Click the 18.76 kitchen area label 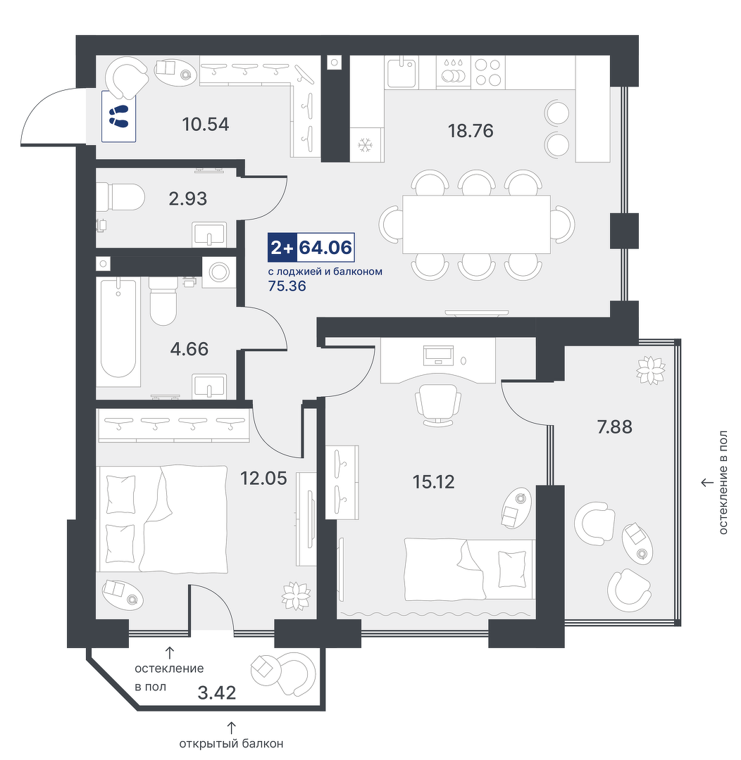471,131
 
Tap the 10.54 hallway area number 205,125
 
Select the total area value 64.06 325,248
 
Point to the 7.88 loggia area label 614,427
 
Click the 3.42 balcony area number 217,692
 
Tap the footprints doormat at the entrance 119,116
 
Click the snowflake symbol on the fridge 364,144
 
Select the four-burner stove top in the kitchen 487,72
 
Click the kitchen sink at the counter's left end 401,72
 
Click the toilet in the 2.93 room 121,196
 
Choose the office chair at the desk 438,405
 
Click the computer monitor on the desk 438,355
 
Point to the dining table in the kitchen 477,224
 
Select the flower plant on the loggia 650,370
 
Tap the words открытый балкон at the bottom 231,744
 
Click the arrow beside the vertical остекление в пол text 707,483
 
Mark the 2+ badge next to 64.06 282,248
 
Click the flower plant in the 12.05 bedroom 297,595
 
